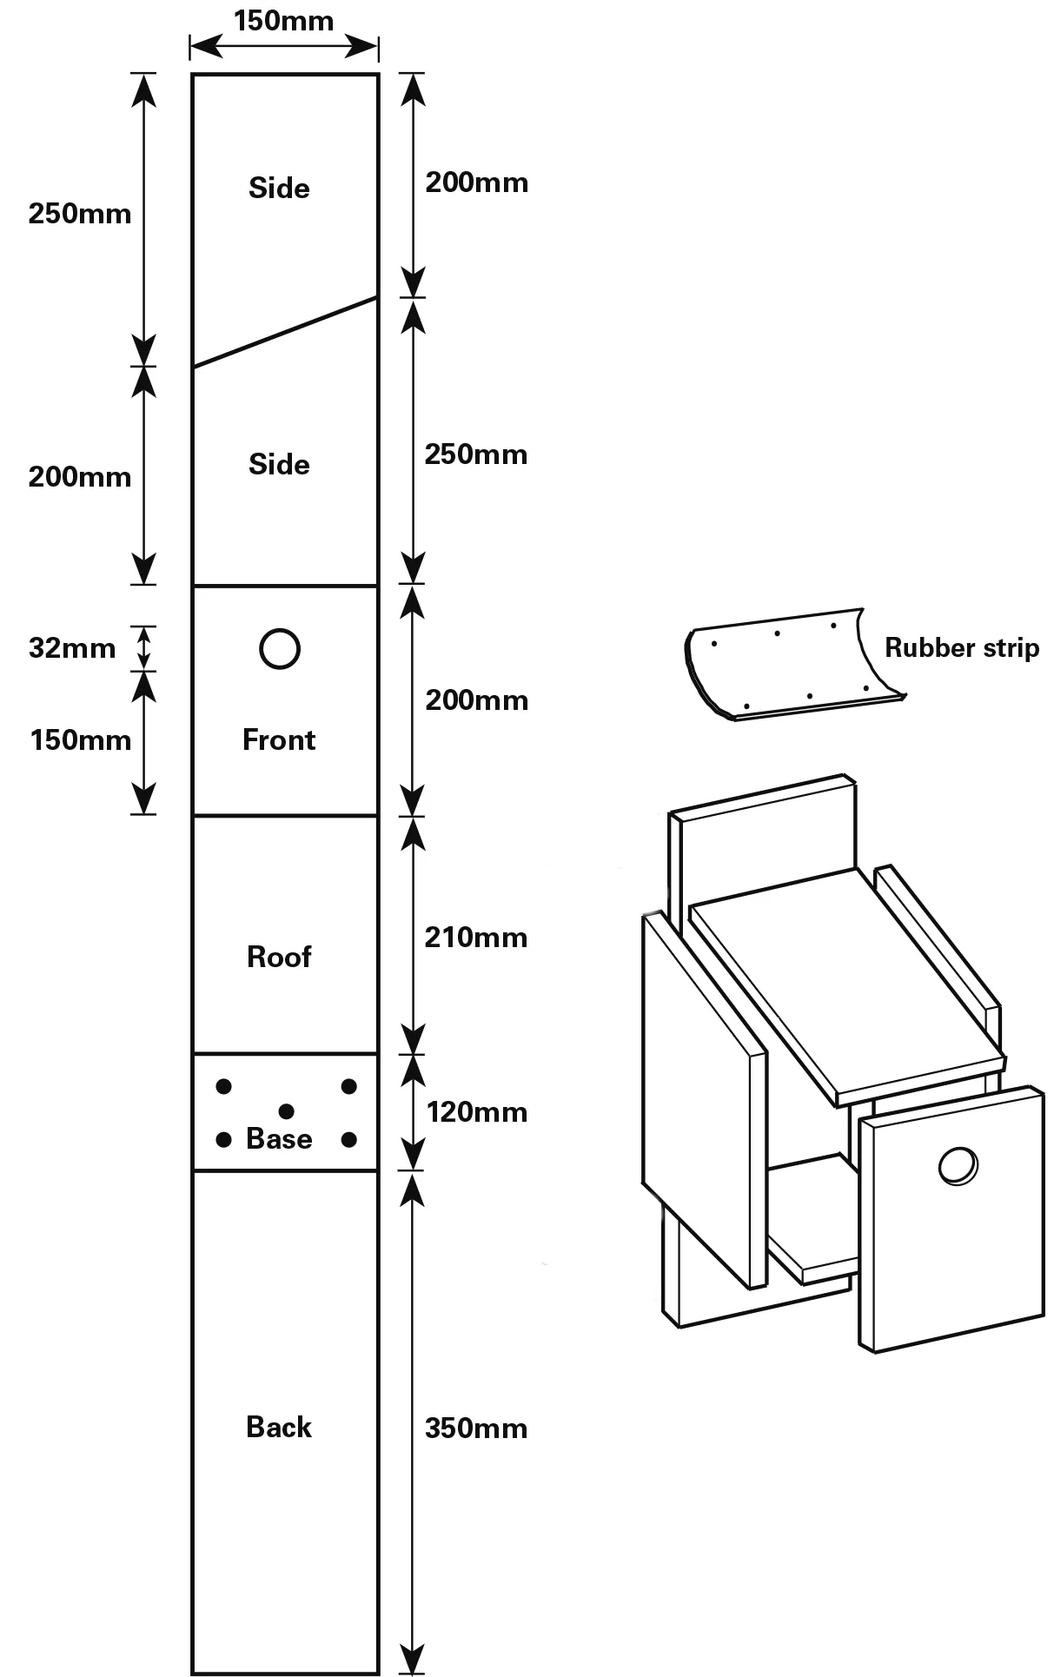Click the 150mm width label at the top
point(283,21)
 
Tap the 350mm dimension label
point(476,1428)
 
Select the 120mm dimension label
point(476,1111)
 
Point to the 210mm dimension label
point(476,937)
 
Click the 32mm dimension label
point(72,647)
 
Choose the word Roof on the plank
point(279,957)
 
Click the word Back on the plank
point(279,1426)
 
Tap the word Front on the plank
point(279,739)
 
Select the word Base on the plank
point(279,1138)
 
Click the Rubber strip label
point(962,647)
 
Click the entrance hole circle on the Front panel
point(280,649)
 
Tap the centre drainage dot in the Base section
point(287,1111)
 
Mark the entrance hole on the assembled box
point(958,1165)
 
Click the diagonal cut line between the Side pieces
point(285,333)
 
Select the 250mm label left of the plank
point(80,214)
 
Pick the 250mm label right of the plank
point(476,454)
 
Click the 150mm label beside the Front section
point(81,740)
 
